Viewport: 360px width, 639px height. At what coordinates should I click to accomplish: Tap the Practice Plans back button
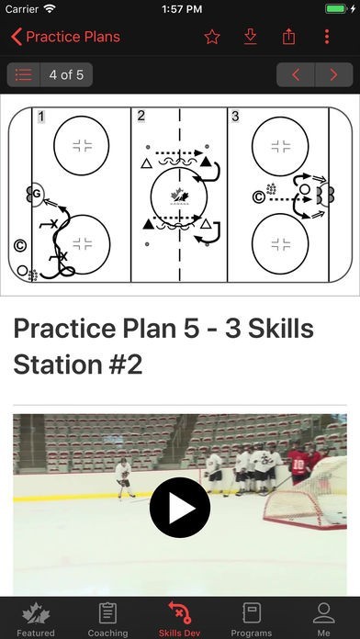[x=65, y=37]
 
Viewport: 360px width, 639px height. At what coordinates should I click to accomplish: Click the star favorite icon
[x=212, y=37]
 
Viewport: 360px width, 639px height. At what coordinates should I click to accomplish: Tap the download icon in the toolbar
[x=251, y=37]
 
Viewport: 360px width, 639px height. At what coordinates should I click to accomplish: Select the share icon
[x=288, y=37]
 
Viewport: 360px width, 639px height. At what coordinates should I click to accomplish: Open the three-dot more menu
[x=327, y=37]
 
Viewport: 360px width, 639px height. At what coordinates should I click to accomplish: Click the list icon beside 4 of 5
[x=24, y=74]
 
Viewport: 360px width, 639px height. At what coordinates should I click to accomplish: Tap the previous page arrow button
[x=296, y=74]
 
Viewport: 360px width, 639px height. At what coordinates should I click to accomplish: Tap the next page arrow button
[x=334, y=74]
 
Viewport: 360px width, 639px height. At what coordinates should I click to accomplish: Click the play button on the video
[x=180, y=508]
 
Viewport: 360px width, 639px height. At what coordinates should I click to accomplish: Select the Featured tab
[x=36, y=619]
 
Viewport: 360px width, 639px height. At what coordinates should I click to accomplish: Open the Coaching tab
[x=108, y=619]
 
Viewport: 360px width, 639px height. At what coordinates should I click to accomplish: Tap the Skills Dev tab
[x=180, y=619]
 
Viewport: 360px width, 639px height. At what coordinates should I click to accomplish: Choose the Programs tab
[x=252, y=619]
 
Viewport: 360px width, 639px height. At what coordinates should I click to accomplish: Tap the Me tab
[x=323, y=619]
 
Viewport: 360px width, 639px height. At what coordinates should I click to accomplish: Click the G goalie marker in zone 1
[x=37, y=194]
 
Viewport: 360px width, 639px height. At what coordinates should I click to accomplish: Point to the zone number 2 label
[x=141, y=116]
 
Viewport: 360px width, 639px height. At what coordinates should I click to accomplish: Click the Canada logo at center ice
[x=179, y=196]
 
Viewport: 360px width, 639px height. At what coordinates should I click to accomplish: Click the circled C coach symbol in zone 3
[x=258, y=197]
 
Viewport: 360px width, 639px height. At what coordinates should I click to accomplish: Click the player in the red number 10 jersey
[x=298, y=465]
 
